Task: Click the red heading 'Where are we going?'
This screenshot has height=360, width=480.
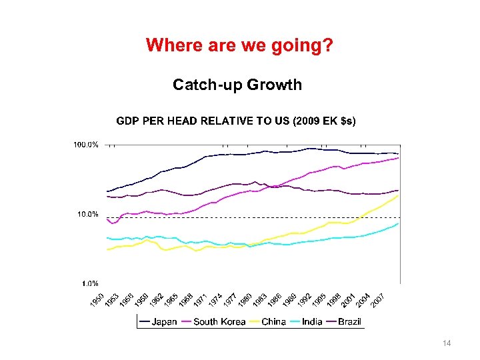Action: (240, 45)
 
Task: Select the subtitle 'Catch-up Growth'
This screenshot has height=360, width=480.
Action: (237, 85)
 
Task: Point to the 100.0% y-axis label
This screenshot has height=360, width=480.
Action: (86, 145)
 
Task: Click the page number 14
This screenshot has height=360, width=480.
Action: (447, 343)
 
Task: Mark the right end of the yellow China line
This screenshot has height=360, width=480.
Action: (399, 195)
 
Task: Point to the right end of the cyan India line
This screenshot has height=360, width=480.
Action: (399, 224)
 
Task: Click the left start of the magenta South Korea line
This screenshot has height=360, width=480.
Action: (107, 219)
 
